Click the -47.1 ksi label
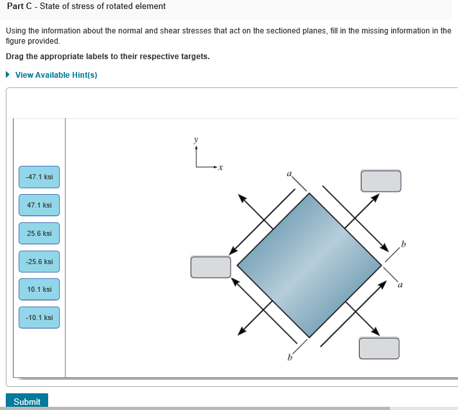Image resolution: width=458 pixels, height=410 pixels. pos(39,177)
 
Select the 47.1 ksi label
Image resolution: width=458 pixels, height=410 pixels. pos(39,205)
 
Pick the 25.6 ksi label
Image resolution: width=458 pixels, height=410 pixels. pos(39,233)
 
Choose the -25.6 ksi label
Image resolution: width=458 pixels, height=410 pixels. pos(39,262)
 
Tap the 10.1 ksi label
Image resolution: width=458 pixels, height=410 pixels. pos(39,289)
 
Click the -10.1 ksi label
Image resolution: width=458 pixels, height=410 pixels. pos(39,317)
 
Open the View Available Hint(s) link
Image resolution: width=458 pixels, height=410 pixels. pos(56,75)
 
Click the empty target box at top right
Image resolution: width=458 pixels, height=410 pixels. pos(380,181)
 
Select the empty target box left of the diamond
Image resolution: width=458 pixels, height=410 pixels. pos(210,267)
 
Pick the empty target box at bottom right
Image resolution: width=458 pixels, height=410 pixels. pos(378,348)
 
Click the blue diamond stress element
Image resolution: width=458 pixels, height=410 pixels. pos(310,265)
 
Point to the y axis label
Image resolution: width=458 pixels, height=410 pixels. pos(197,139)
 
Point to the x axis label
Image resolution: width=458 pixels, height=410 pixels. pos(220,168)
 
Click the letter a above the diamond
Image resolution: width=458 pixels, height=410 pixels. pos(289,173)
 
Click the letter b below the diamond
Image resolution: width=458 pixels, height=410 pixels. pos(290,357)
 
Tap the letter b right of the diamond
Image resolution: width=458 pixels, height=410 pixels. pos(403,243)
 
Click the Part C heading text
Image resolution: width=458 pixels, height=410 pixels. pos(85,6)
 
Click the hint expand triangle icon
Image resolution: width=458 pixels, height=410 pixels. pos(8,75)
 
